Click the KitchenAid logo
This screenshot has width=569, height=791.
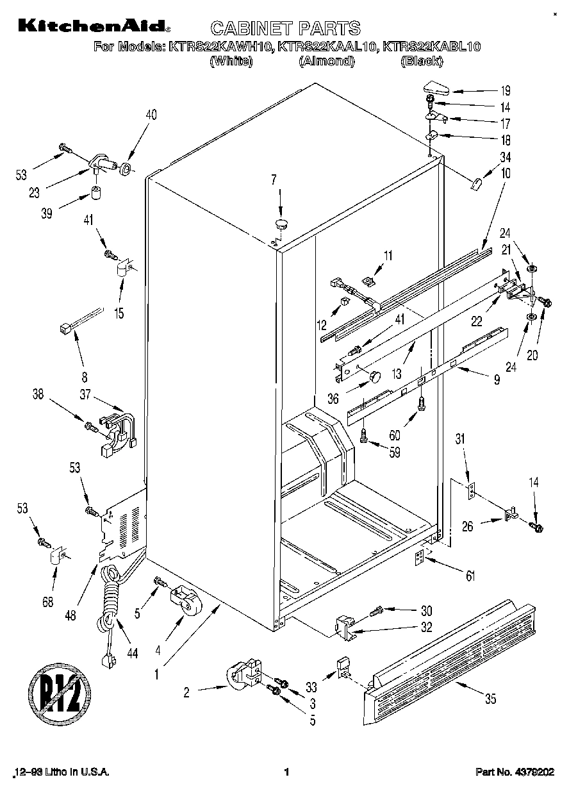(x=94, y=26)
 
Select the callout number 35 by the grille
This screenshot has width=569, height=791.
(x=490, y=699)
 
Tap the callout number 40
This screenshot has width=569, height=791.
(x=151, y=115)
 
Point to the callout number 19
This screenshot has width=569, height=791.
(x=505, y=90)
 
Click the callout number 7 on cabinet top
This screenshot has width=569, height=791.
(x=274, y=179)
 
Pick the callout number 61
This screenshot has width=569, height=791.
(x=470, y=576)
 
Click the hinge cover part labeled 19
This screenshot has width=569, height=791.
(x=438, y=88)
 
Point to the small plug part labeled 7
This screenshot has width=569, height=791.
(x=281, y=223)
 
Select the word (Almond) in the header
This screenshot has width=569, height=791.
(x=326, y=62)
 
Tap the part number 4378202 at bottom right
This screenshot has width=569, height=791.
(x=535, y=772)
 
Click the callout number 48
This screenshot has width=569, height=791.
(x=70, y=616)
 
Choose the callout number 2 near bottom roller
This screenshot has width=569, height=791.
(x=186, y=691)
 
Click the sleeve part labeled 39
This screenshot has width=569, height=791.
(x=97, y=193)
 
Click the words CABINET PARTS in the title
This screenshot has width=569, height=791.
(x=286, y=28)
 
